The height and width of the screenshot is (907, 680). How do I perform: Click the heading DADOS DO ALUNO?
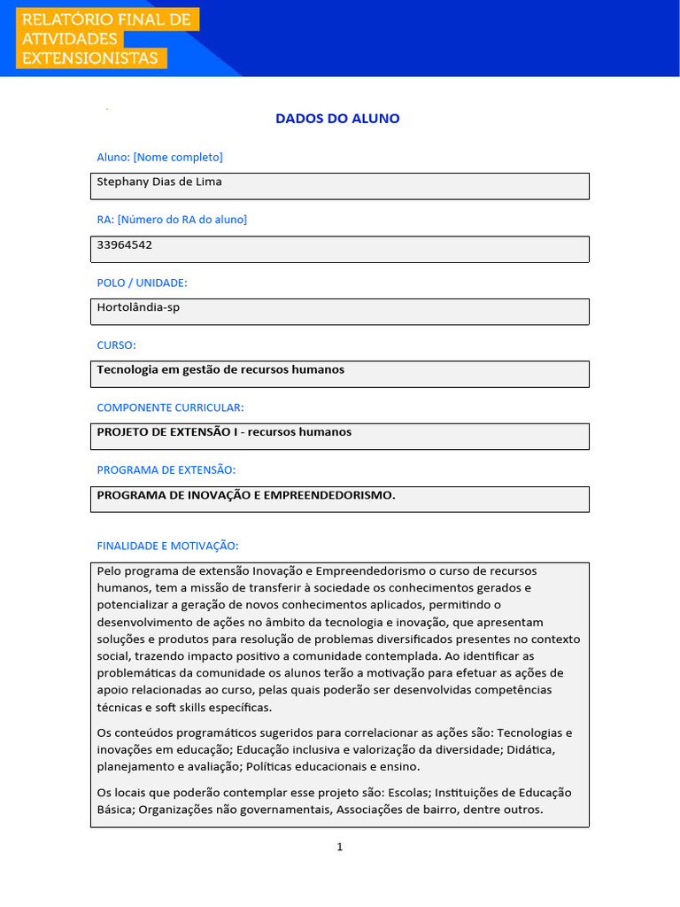tap(337, 119)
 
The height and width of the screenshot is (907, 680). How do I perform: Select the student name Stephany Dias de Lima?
tap(159, 182)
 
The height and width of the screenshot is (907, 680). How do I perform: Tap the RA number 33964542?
tap(124, 244)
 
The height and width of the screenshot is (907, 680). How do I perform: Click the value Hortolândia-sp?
tap(138, 307)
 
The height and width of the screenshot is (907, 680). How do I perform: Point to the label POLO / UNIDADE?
tap(142, 283)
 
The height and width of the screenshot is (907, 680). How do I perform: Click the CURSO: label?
tap(116, 345)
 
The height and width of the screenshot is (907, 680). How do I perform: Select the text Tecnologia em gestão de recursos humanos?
tap(220, 369)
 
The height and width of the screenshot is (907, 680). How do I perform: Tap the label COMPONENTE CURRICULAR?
tap(170, 407)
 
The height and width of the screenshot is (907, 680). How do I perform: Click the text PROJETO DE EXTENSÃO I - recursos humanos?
tap(224, 432)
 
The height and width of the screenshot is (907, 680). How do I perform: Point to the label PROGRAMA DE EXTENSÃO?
tap(166, 469)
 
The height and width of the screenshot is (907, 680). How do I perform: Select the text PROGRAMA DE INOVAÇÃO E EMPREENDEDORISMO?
tap(246, 495)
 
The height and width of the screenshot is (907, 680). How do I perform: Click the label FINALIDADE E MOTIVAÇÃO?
tap(167, 546)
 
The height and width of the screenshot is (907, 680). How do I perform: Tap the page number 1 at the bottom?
tap(340, 847)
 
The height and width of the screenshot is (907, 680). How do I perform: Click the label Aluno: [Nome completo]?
tap(159, 157)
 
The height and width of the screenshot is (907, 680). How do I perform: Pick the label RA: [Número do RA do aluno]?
tap(172, 219)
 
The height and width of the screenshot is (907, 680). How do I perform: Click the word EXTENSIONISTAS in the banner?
tap(89, 58)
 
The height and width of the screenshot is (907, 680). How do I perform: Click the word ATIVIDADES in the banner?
tap(69, 39)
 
